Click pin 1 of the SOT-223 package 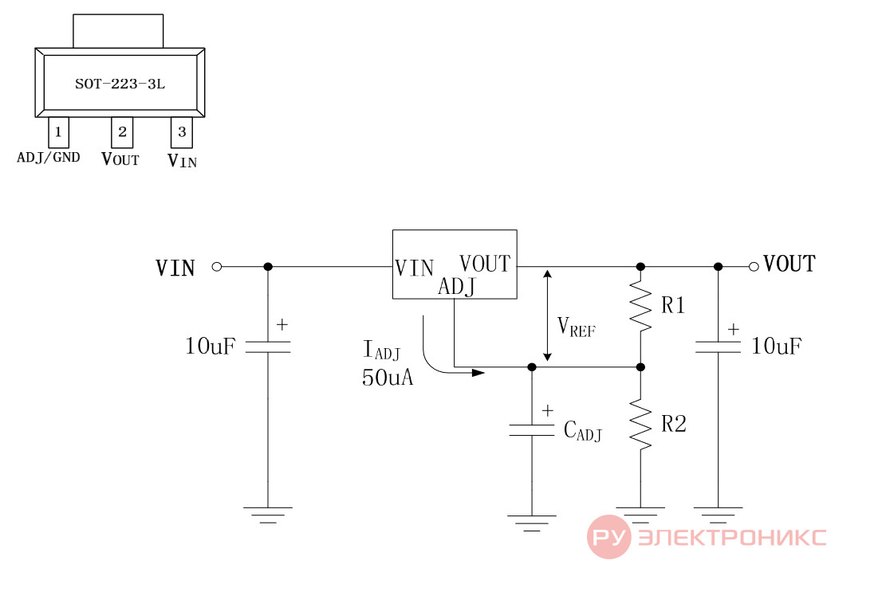[58, 132]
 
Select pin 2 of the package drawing [122, 132]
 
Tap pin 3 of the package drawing [182, 132]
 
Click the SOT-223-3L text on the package [120, 84]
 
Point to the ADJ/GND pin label [49, 158]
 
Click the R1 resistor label [673, 305]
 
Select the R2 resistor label [674, 424]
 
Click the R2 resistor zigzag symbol [640, 424]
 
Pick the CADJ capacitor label [583, 431]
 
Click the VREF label [576, 327]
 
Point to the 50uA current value [388, 378]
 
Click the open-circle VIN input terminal [217, 266]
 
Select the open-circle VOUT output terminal [754, 266]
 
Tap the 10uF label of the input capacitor [211, 347]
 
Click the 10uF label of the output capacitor [776, 347]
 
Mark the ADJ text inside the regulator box [457, 287]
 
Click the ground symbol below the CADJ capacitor [532, 523]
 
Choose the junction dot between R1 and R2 [640, 367]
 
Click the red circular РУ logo [609, 537]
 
